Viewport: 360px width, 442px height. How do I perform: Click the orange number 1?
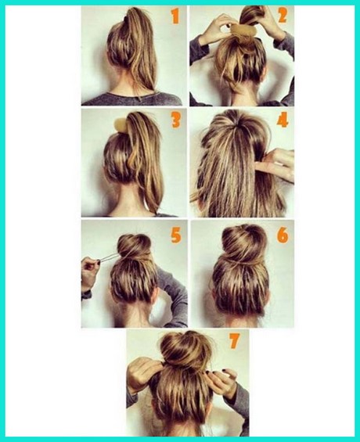(x=175, y=16)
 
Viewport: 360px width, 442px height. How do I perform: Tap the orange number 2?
(x=283, y=15)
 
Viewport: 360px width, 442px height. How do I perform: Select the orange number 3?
(x=176, y=120)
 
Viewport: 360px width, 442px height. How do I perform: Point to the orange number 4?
(x=283, y=120)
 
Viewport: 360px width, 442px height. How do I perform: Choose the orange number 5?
(x=176, y=235)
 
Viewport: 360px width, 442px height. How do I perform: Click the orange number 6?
(x=283, y=235)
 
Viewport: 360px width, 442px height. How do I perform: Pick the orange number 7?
(x=234, y=341)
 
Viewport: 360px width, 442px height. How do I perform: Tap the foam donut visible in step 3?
(x=121, y=125)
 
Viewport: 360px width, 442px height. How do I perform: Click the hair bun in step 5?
(x=134, y=246)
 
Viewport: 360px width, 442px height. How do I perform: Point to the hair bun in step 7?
(x=185, y=350)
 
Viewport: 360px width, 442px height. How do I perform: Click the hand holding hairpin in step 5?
(x=90, y=273)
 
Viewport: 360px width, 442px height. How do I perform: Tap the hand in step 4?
(x=277, y=164)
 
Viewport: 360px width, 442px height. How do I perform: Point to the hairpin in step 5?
(x=110, y=257)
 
